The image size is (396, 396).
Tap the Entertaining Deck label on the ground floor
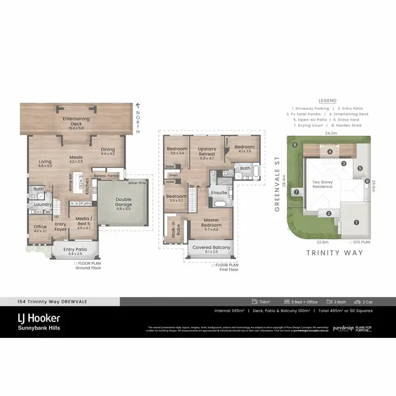pos(76,121)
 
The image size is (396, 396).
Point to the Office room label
pos(40,229)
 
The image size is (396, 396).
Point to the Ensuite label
pos(219,193)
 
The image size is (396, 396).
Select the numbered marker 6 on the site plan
pos(295,144)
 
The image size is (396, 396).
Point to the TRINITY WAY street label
pos(334,252)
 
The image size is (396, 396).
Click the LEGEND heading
pos(327,101)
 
